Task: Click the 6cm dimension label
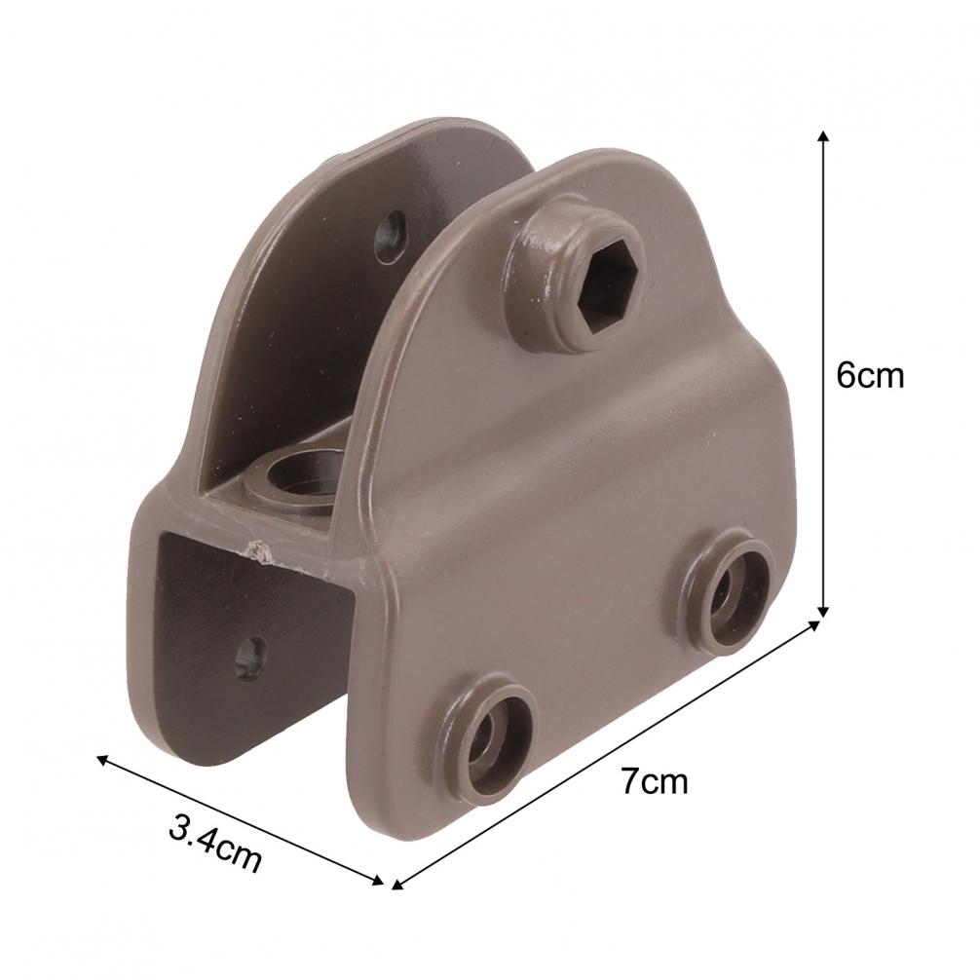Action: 870,375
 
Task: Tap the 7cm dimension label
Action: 654,780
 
